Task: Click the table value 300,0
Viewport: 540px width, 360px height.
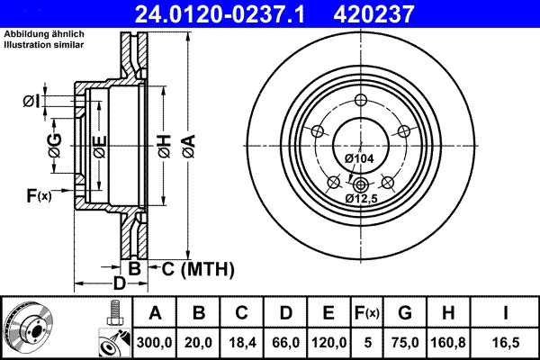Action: point(156,341)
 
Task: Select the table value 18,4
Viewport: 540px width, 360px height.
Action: point(241,341)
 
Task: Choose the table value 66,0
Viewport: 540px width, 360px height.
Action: point(285,341)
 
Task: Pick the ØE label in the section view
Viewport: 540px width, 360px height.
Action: point(99,147)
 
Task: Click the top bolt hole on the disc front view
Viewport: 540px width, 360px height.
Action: point(360,101)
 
